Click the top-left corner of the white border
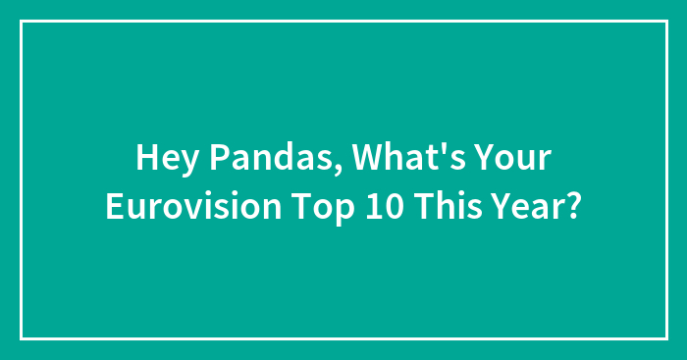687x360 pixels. (22, 21)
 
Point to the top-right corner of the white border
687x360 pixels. (665, 21)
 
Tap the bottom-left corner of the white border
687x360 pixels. (22, 338)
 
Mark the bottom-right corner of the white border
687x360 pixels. (665, 338)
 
